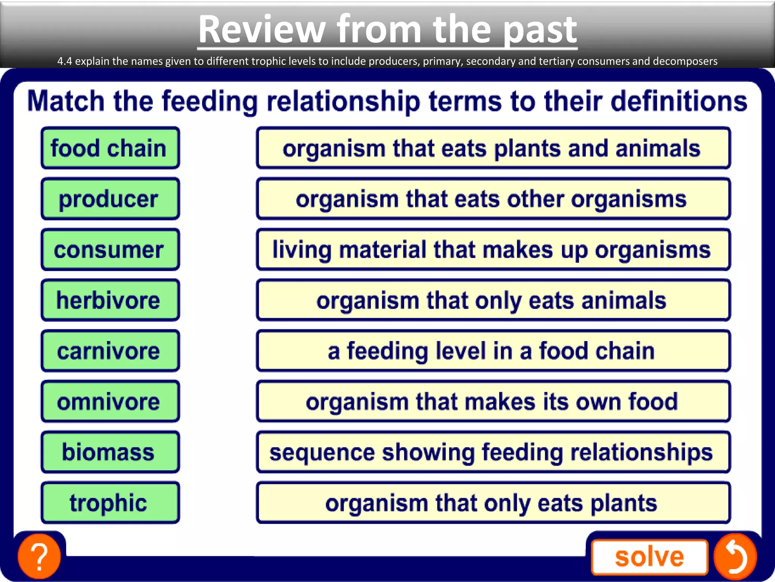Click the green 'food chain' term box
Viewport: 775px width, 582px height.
[110, 148]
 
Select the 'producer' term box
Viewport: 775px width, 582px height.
[110, 199]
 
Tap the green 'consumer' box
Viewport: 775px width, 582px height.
[110, 249]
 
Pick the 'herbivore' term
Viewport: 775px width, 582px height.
[110, 300]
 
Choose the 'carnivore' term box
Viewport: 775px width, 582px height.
[110, 351]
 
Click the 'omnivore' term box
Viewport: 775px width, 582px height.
[110, 402]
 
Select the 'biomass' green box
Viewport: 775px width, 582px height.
[110, 452]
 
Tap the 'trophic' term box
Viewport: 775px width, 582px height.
[110, 503]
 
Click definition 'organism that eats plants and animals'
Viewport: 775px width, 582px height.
[493, 148]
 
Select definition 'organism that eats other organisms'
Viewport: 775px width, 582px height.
[493, 199]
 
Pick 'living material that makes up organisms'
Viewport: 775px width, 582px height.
[493, 249]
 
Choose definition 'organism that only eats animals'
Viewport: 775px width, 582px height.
[493, 300]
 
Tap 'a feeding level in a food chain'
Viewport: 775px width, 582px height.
[493, 351]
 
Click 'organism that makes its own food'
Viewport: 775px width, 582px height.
[493, 402]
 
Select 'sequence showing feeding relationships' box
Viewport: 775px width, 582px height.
[493, 452]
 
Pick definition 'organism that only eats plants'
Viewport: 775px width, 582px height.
[493, 503]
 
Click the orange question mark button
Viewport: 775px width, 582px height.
[39, 556]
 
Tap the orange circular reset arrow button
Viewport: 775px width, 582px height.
[735, 556]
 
